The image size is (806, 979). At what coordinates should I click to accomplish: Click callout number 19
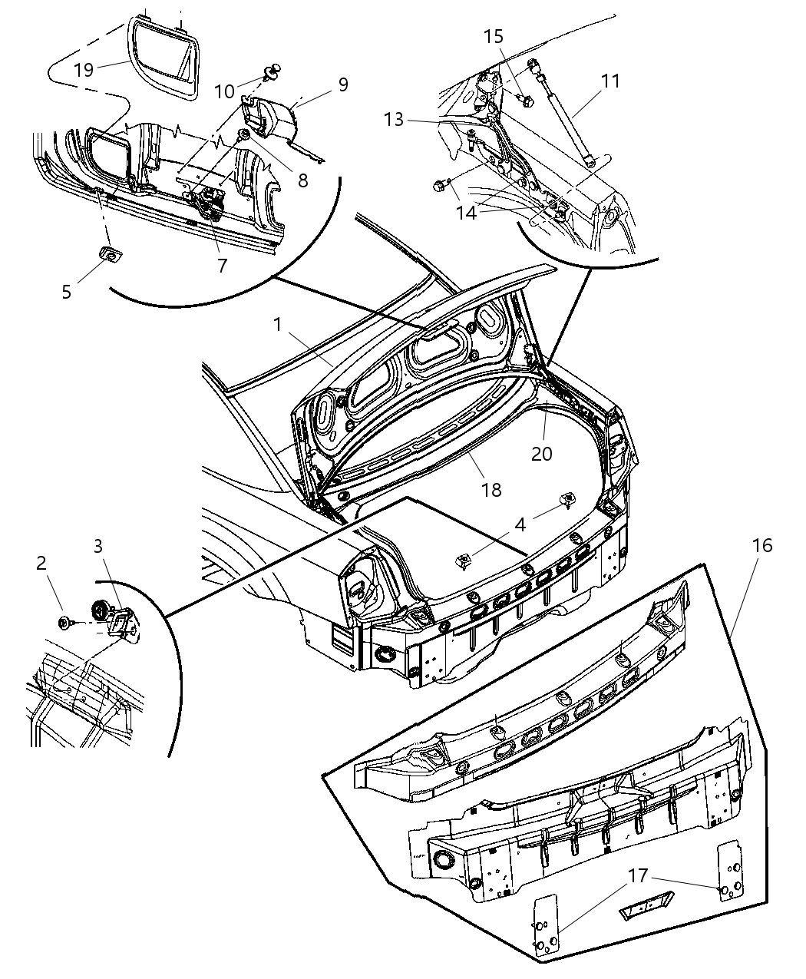coord(84,70)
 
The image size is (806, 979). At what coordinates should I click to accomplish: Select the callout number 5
coord(67,292)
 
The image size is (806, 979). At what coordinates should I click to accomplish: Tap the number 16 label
coord(762,546)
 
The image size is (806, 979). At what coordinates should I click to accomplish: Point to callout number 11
coord(610,81)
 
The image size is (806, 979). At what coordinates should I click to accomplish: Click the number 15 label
coord(494,36)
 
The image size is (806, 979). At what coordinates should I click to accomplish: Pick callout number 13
coord(394,120)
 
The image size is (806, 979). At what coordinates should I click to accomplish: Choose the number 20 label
coord(542,453)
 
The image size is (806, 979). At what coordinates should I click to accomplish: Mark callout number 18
coord(491,490)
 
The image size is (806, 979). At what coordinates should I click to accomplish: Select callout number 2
coord(41,563)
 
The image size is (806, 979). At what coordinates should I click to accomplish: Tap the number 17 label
coord(639,875)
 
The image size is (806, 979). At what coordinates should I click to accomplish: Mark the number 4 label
coord(520,525)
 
